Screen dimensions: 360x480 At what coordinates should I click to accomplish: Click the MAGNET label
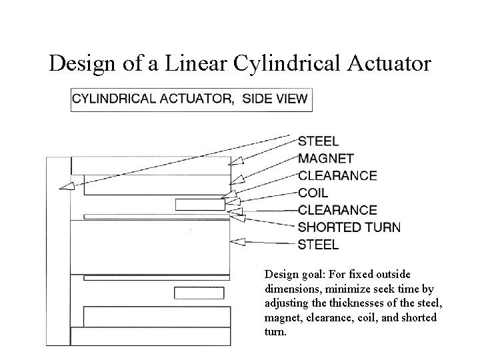(x=326, y=159)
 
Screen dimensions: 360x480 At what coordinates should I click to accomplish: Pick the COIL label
(x=313, y=193)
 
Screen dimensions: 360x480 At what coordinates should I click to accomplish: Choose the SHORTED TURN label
(x=349, y=227)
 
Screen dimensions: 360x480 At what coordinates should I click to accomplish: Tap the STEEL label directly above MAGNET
(x=318, y=141)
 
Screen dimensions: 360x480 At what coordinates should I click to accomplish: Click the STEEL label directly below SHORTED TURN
(x=318, y=244)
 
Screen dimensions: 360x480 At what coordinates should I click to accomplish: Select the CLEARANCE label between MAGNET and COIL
(x=337, y=176)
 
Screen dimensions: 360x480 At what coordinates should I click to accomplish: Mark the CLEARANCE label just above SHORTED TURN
(x=337, y=210)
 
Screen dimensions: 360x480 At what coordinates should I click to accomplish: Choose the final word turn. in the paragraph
(x=275, y=331)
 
